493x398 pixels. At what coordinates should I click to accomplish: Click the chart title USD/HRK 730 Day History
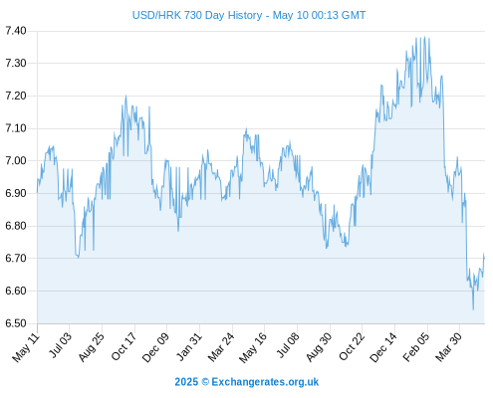[197, 15]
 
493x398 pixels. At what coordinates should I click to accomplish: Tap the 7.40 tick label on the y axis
[16, 31]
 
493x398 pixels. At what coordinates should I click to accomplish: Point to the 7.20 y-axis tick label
[16, 96]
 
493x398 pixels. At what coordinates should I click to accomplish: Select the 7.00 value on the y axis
[16, 161]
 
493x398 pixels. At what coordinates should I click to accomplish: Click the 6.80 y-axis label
[16, 226]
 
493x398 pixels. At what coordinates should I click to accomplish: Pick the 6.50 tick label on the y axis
[16, 323]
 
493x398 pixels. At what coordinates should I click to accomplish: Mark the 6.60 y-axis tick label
[16, 291]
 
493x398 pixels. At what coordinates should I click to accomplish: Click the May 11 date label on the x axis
[26, 347]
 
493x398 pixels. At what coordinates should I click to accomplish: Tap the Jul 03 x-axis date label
[61, 345]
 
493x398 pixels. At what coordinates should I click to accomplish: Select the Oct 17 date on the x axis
[123, 346]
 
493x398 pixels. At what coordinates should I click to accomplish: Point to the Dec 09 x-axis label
[155, 347]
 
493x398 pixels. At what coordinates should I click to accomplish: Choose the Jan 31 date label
[189, 346]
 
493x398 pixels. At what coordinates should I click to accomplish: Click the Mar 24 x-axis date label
[221, 347]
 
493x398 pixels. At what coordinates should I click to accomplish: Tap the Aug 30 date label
[319, 347]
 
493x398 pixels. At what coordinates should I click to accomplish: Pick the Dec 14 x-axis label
[383, 347]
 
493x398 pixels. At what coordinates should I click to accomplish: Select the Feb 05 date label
[416, 347]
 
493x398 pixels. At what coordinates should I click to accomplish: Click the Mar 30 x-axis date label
[448, 347]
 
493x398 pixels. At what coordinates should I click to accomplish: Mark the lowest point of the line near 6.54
[473, 309]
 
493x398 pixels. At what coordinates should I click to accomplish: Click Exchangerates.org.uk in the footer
[265, 382]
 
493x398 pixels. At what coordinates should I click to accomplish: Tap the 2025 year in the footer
[186, 382]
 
